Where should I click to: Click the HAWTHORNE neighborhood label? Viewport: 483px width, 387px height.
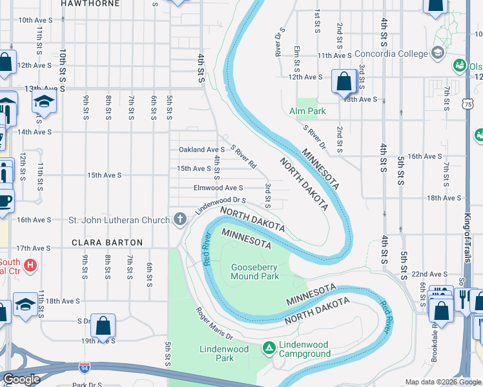[90, 3]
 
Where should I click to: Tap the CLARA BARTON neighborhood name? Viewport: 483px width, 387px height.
[108, 243]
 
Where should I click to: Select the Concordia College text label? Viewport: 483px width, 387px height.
[391, 52]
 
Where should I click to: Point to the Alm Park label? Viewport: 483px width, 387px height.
[308, 111]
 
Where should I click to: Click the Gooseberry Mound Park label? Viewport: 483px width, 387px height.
[255, 272]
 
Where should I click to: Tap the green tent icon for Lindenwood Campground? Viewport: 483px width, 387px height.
[269, 348]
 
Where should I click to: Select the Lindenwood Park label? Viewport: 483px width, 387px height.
[216, 353]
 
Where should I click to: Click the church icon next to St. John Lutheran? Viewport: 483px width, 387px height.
[179, 220]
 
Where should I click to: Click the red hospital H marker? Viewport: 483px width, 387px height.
[30, 265]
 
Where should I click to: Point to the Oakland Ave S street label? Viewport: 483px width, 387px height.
[201, 150]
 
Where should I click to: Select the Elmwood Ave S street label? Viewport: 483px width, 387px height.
[218, 188]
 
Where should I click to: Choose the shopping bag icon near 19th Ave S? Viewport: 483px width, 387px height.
[103, 326]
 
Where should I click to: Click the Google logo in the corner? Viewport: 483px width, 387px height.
[21, 379]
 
